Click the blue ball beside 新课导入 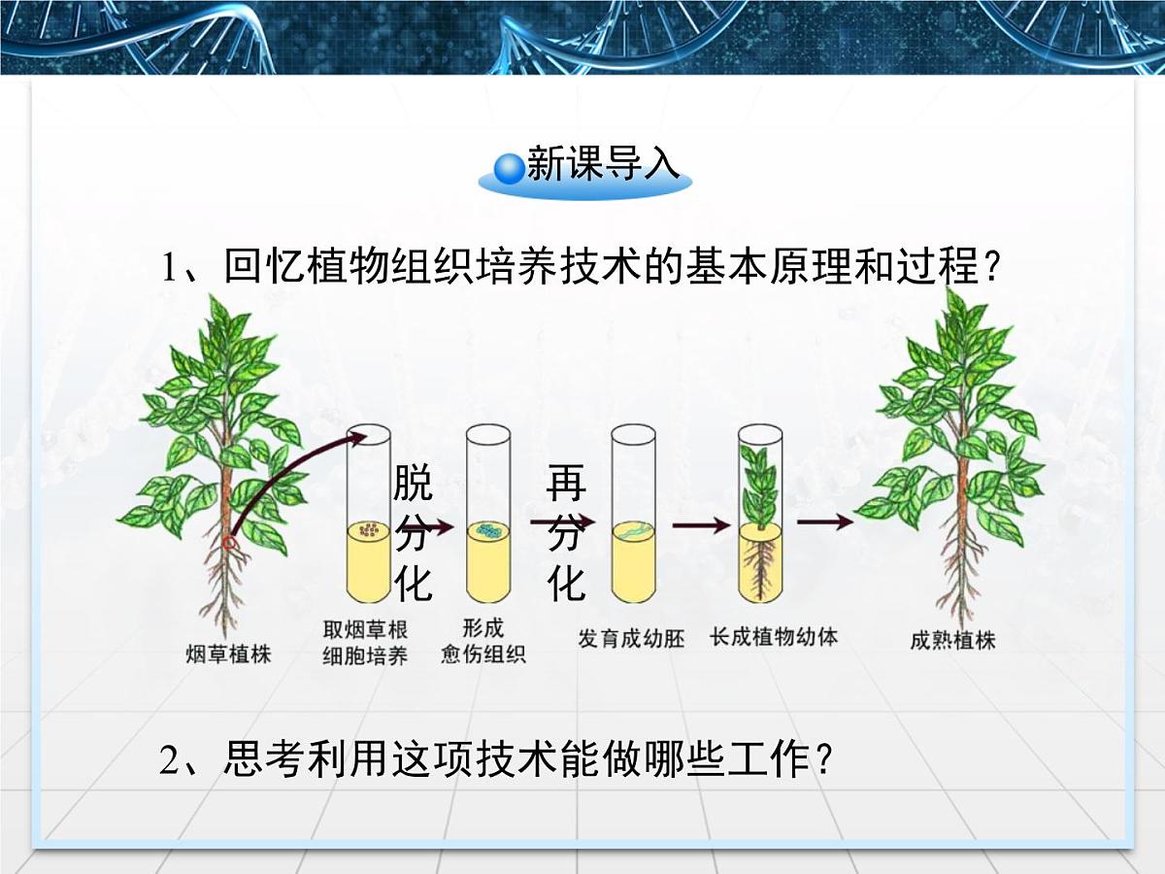510,168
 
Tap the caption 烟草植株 228,654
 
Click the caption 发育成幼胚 631,639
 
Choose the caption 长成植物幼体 774,638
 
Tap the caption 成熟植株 953,641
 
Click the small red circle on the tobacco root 230,543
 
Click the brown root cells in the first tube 369,530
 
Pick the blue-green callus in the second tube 488,531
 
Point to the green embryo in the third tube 631,531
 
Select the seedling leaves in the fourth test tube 760,486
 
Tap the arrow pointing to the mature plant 825,522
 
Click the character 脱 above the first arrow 413,482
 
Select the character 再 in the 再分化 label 566,482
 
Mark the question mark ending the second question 825,759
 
